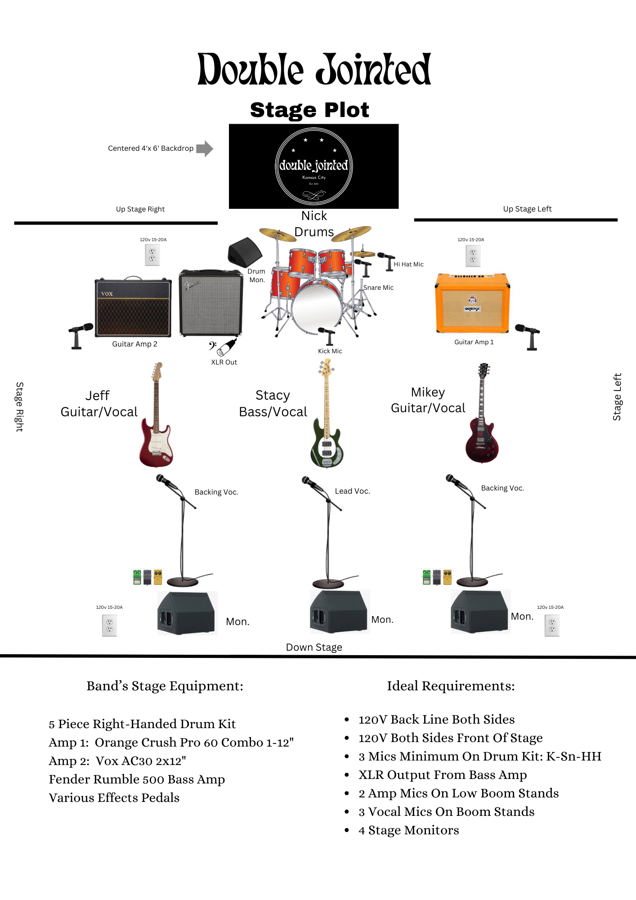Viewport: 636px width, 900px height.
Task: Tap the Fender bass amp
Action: click(211, 303)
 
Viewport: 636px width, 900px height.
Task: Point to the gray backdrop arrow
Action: click(205, 148)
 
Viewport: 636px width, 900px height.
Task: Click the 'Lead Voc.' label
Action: click(352, 491)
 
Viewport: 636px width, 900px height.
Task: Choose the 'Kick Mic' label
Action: click(330, 351)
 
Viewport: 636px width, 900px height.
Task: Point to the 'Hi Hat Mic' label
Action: click(408, 265)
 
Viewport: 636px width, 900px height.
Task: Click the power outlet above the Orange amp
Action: click(473, 256)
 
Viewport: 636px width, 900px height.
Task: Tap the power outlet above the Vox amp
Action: click(152, 256)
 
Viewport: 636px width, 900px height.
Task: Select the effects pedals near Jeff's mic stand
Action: click(147, 577)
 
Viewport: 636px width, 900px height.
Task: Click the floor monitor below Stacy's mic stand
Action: click(340, 612)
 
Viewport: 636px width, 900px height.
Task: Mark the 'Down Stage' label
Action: click(314, 647)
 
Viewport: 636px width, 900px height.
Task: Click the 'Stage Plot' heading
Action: click(309, 110)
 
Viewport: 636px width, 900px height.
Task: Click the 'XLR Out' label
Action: click(224, 362)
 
